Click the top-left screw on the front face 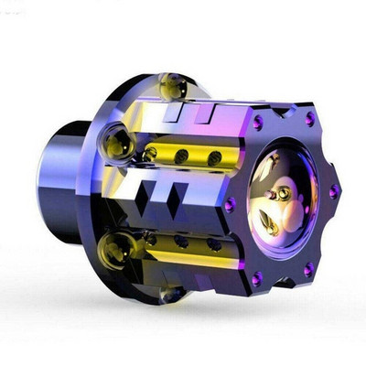tap(258, 123)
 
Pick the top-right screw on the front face tap(309, 119)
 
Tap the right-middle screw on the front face tap(334, 191)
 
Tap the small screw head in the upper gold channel tap(150, 153)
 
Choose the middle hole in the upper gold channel tap(182, 156)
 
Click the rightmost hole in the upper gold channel tap(213, 158)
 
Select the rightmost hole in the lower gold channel tap(213, 244)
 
